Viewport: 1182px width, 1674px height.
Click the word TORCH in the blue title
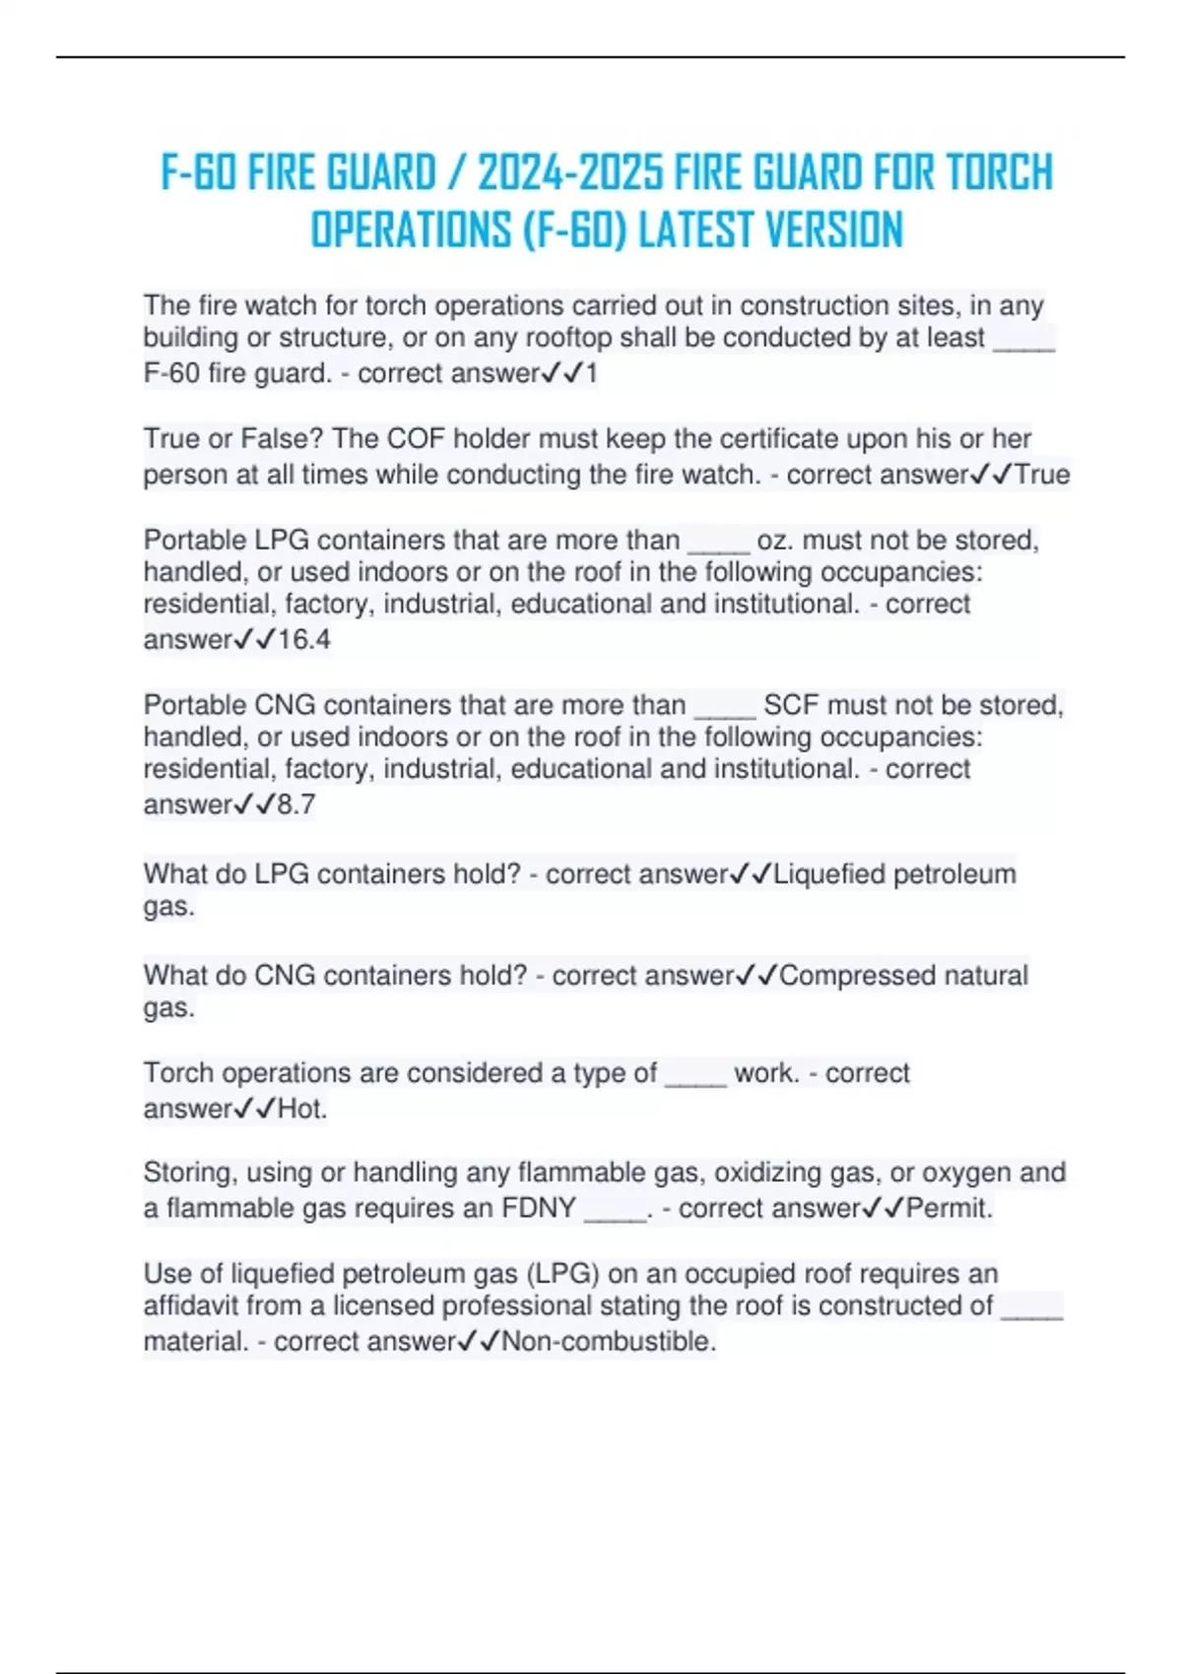click(x=999, y=173)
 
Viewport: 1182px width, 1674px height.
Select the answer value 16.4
click(x=303, y=640)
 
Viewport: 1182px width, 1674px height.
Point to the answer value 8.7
click(x=295, y=805)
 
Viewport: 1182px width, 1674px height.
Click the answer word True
click(x=1042, y=475)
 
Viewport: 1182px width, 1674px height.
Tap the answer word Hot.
click(x=301, y=1109)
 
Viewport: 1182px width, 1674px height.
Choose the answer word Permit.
click(x=950, y=1208)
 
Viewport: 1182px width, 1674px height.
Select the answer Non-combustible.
click(x=609, y=1341)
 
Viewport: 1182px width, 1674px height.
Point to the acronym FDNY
click(x=538, y=1208)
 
